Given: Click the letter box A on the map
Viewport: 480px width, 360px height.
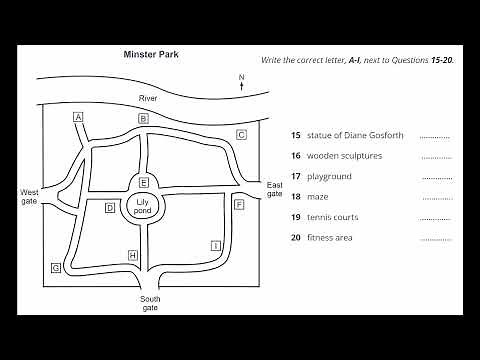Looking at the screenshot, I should pyautogui.click(x=78, y=117).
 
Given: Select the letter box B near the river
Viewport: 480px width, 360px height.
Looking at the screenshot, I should pyautogui.click(x=143, y=119).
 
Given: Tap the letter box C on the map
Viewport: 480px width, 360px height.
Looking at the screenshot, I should pyautogui.click(x=241, y=134).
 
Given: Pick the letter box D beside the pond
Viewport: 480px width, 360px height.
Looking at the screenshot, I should pyautogui.click(x=110, y=208).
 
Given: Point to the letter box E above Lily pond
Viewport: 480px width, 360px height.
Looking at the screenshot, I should pyautogui.click(x=144, y=182).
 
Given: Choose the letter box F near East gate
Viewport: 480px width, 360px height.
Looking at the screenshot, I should pyautogui.click(x=239, y=204).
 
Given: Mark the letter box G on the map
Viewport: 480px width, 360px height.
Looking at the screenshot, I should pyautogui.click(x=56, y=268).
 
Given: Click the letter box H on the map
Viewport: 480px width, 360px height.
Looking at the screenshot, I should pyautogui.click(x=132, y=256).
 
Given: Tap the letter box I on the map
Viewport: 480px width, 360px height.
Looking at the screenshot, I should pyautogui.click(x=215, y=245).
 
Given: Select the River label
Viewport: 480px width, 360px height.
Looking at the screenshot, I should pyautogui.click(x=148, y=98).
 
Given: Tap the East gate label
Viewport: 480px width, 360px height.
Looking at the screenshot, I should pyautogui.click(x=275, y=189).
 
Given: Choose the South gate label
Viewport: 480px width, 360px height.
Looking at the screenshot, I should pyautogui.click(x=150, y=304).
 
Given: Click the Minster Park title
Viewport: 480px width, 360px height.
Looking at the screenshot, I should pyautogui.click(x=150, y=56).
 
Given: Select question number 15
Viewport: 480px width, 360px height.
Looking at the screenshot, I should pyautogui.click(x=295, y=135).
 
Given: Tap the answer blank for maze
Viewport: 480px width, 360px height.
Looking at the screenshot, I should pyautogui.click(x=436, y=197).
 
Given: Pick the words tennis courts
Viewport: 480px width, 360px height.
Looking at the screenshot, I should pyautogui.click(x=333, y=217).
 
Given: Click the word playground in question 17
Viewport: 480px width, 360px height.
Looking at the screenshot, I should pyautogui.click(x=330, y=176).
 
